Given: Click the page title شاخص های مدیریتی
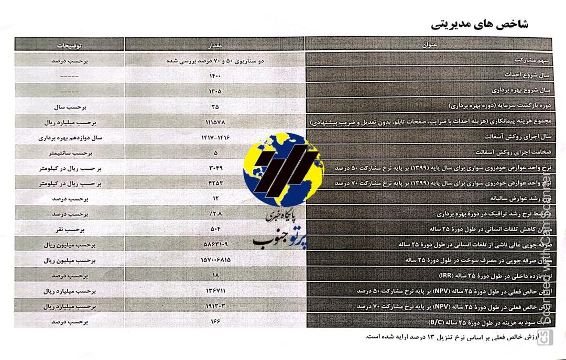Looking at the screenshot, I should coord(479,24).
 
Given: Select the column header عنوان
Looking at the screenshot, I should coord(429,45).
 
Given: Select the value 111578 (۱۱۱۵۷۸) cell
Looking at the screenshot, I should coord(215,122).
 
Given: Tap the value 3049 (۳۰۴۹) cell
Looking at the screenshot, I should coord(215,168).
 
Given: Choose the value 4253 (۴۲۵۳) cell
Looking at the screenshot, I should coord(215,184).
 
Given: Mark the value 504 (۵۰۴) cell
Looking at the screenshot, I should coord(215,230).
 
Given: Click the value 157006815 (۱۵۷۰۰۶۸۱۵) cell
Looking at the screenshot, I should coord(215,260).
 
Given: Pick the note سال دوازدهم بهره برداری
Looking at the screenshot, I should coord(70,138).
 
